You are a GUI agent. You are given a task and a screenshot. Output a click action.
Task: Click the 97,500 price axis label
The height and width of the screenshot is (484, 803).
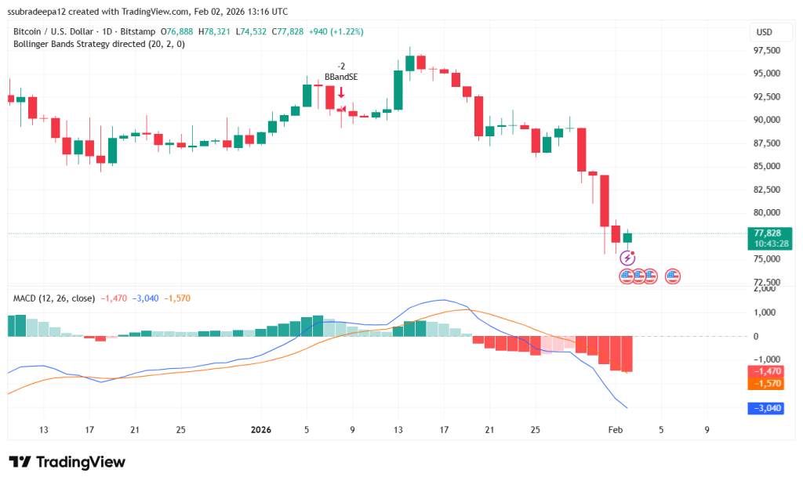pos(766,50)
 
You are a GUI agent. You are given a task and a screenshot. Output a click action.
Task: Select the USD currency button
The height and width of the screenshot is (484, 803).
pos(763,32)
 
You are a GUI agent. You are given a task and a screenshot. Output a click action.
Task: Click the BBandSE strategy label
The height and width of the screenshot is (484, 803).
pos(341,78)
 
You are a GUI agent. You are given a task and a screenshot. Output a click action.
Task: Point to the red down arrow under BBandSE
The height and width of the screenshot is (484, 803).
pos(341,92)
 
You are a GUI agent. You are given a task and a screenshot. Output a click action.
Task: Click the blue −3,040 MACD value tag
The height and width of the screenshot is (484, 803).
pos(767,407)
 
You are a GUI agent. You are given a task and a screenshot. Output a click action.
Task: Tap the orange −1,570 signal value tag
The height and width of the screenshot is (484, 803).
pos(767,384)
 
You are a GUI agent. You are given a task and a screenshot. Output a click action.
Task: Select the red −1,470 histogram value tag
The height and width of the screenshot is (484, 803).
pos(767,371)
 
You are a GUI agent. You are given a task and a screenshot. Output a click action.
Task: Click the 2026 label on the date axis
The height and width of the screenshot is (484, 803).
pos(261,429)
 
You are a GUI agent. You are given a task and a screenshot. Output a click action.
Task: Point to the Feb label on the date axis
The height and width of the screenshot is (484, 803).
pos(615,429)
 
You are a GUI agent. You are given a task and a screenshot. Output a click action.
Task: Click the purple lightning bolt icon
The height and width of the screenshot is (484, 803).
pos(627,258)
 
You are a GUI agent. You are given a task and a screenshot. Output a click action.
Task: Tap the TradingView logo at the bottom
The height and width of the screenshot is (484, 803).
pos(67,462)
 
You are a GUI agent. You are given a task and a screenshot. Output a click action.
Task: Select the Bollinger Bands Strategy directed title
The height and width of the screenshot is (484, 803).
pos(99,44)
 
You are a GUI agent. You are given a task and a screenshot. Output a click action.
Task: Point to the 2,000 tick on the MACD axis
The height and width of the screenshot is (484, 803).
pos(765,289)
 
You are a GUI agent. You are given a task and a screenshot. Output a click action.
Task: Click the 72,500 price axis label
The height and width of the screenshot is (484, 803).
pos(766,282)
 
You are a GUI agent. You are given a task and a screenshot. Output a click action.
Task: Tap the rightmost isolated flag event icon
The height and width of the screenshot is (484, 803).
pos(673,276)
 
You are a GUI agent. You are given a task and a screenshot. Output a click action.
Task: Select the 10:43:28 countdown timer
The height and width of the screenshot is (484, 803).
pos(768,244)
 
